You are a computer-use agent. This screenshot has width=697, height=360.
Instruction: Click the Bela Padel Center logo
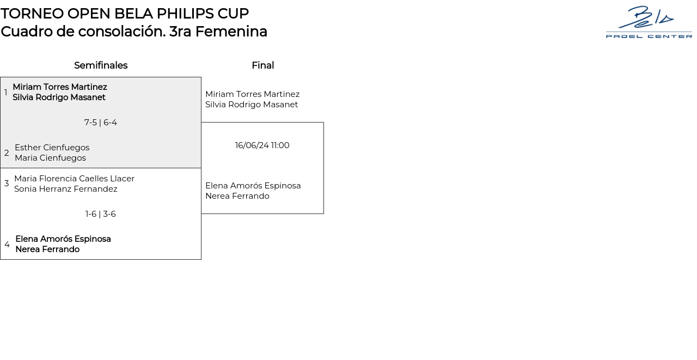click(649, 22)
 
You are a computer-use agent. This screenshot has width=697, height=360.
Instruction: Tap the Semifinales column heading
click(101, 65)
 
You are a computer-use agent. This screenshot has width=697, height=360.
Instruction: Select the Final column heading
click(262, 65)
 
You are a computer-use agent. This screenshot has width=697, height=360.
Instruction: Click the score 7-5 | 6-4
click(101, 123)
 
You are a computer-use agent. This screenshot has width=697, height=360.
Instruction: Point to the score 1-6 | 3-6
click(101, 214)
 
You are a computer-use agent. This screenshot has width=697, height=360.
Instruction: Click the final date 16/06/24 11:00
click(262, 145)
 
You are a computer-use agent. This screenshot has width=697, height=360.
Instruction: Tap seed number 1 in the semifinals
click(6, 93)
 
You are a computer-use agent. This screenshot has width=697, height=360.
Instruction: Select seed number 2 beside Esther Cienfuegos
click(7, 153)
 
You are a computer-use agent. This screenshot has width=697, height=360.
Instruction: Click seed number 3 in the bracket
click(7, 184)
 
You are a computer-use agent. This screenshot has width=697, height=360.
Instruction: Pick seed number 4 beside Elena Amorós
click(7, 245)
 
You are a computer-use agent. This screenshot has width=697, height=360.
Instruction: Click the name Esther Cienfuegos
click(52, 148)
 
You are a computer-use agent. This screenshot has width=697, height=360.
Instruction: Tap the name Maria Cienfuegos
click(50, 158)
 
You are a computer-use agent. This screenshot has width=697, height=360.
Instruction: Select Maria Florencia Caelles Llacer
click(74, 179)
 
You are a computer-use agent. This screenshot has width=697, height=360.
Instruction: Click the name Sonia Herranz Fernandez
click(66, 189)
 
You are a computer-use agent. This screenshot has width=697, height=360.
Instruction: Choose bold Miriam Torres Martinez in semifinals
click(60, 87)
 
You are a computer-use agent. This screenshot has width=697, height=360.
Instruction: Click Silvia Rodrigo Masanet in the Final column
click(252, 105)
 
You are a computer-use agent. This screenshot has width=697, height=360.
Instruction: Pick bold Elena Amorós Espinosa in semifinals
click(63, 239)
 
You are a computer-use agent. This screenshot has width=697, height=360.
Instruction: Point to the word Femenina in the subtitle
click(231, 32)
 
